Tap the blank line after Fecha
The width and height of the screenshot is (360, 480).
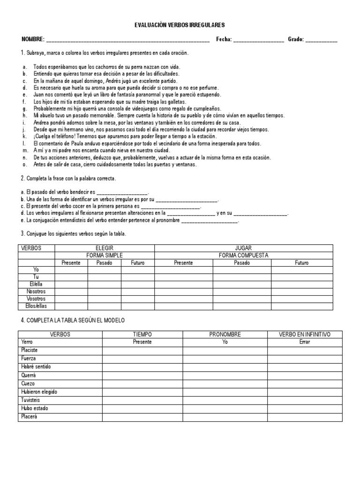click(x=258, y=40)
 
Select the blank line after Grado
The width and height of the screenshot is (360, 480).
click(x=321, y=40)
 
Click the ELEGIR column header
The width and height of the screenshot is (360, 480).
click(x=105, y=248)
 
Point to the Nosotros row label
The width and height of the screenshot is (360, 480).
click(x=36, y=292)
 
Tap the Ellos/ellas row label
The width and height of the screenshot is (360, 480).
click(x=36, y=306)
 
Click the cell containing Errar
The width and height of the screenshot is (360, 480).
click(x=305, y=342)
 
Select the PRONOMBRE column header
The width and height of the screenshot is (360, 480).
click(x=225, y=335)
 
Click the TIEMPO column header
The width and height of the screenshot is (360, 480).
click(x=142, y=335)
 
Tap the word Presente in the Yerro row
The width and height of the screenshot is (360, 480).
click(x=142, y=342)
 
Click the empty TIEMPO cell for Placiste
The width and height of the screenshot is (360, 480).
click(x=142, y=350)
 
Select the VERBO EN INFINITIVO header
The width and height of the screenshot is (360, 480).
click(x=305, y=335)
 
